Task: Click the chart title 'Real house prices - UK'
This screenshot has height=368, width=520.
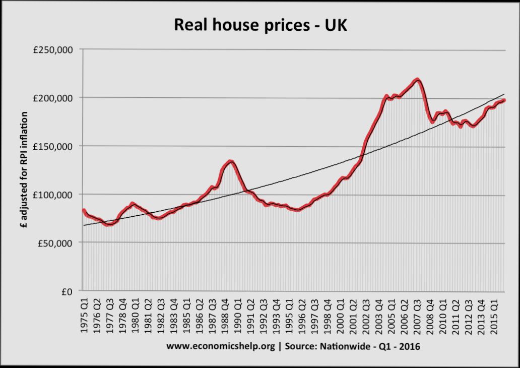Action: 261,25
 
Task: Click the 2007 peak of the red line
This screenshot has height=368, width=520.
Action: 417,79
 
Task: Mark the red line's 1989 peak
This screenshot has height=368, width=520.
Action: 230,161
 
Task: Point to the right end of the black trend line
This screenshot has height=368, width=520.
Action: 504,94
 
